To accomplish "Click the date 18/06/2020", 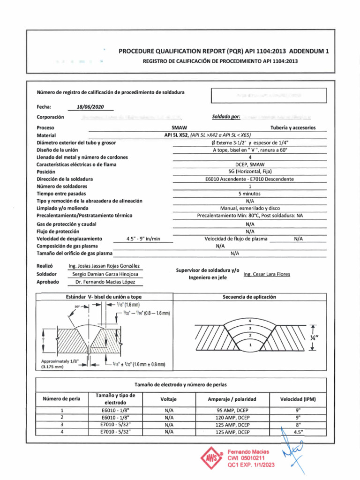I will click(89, 106).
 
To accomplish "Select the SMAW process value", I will click(180, 127).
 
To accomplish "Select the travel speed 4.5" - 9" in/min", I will click(143, 239).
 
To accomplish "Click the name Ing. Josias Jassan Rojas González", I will click(104, 266).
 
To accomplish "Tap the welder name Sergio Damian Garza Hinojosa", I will click(105, 274).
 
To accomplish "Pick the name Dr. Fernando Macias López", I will click(105, 282).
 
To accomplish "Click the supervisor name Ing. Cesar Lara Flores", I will click(267, 274).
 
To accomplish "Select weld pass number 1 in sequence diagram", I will click(250, 345).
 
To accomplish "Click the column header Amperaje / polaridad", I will click(232, 399).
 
